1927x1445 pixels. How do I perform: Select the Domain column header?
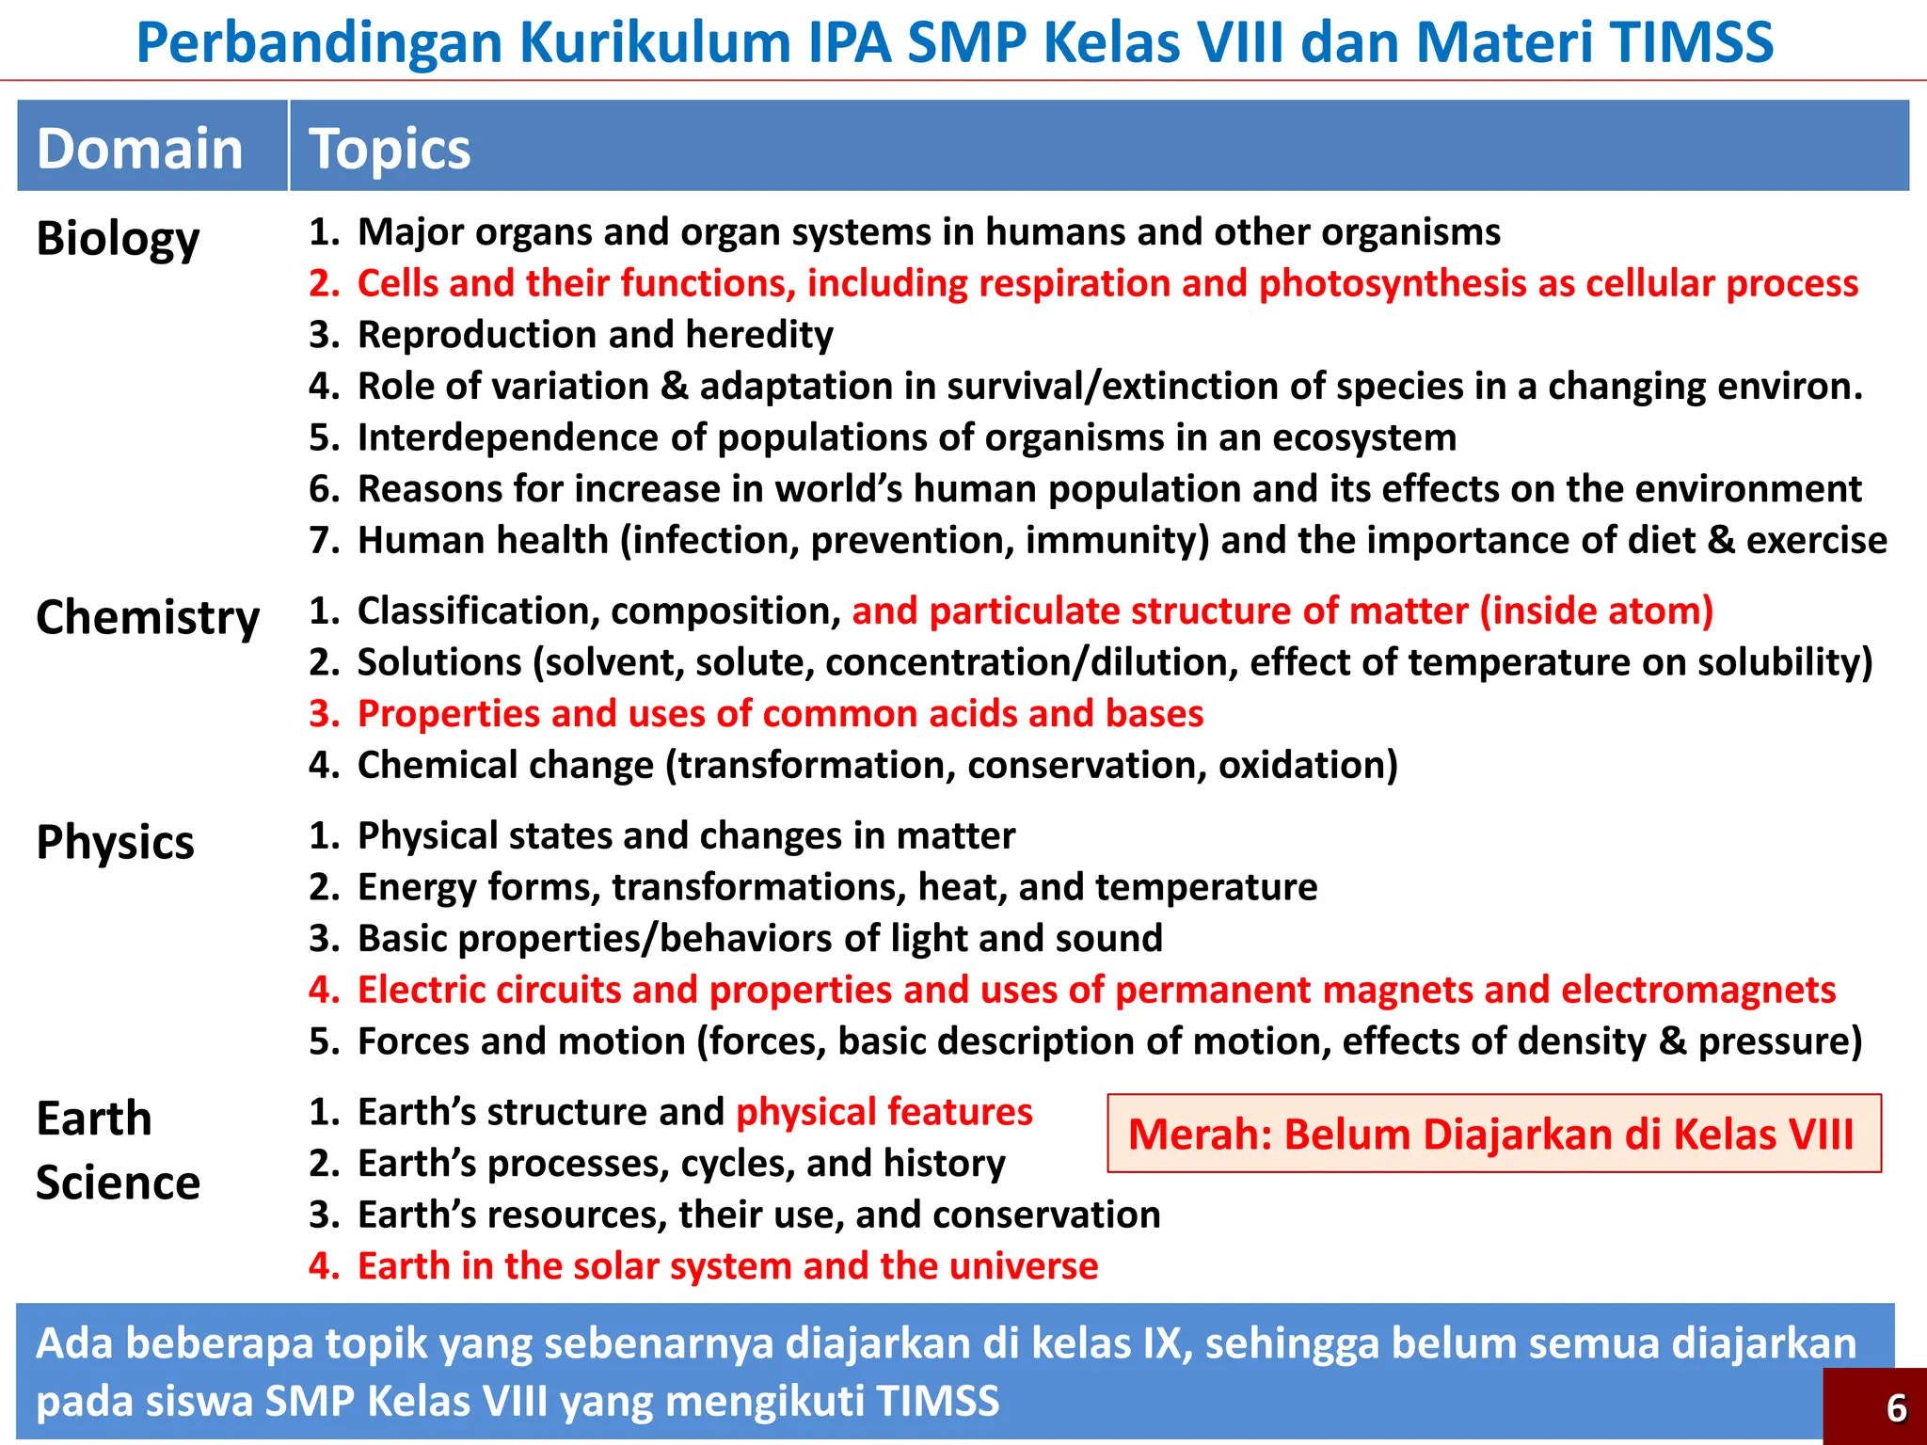[139, 150]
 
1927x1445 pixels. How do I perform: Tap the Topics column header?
[390, 150]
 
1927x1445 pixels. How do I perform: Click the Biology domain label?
[118, 239]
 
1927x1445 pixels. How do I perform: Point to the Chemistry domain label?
[148, 619]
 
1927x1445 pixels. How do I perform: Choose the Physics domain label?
[115, 842]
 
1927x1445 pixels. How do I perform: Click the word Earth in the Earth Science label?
[93, 1119]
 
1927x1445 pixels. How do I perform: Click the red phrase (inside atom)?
[1596, 611]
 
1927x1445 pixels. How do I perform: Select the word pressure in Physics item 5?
[1777, 1042]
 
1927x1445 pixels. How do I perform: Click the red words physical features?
[884, 1113]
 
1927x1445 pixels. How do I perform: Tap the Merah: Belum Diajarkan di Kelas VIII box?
[1493, 1134]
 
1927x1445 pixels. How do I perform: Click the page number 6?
[1896, 1408]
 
